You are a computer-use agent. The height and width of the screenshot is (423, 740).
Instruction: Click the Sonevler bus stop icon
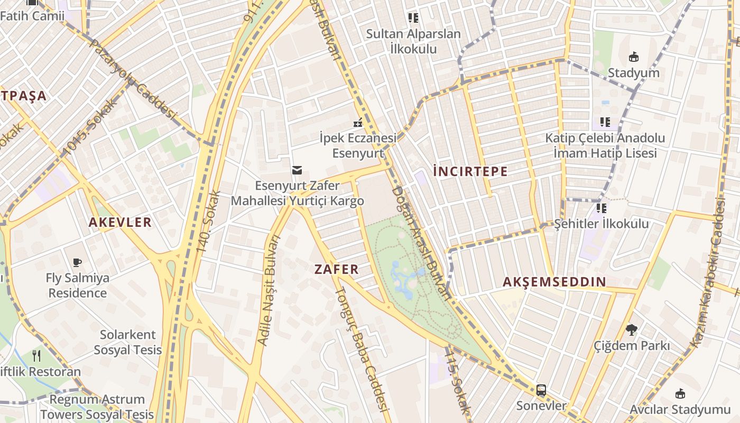(541, 390)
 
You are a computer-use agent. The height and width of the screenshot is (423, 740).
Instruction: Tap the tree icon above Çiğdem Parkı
(631, 330)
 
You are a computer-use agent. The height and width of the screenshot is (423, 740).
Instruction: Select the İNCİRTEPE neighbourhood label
(470, 171)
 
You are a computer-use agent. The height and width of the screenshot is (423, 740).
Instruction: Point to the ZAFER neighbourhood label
(337, 269)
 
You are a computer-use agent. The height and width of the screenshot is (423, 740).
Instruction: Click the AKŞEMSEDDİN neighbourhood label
(554, 282)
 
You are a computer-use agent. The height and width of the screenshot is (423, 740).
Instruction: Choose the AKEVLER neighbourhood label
(120, 223)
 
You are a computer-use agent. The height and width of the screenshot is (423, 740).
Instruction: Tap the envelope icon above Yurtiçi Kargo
(297, 170)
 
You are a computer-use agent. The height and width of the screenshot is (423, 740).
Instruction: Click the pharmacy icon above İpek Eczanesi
(358, 123)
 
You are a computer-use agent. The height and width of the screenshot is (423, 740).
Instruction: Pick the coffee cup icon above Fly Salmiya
(77, 262)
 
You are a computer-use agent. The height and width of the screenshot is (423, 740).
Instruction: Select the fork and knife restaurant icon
(36, 355)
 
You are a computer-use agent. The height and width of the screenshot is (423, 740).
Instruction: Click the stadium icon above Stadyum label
(633, 57)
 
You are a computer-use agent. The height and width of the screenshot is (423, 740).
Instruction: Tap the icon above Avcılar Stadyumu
(680, 393)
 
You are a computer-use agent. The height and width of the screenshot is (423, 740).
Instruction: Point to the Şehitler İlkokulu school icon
(601, 208)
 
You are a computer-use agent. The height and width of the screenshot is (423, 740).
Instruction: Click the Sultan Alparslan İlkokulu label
(413, 41)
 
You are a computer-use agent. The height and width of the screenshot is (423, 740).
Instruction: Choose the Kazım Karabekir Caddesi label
(710, 272)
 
